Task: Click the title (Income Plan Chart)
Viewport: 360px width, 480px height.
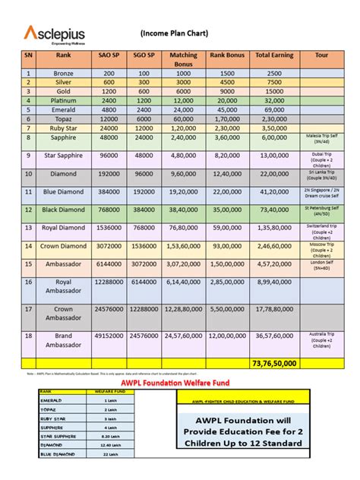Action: (174, 33)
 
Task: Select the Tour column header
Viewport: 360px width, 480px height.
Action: (322, 55)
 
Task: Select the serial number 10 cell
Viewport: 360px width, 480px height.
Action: (28, 174)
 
